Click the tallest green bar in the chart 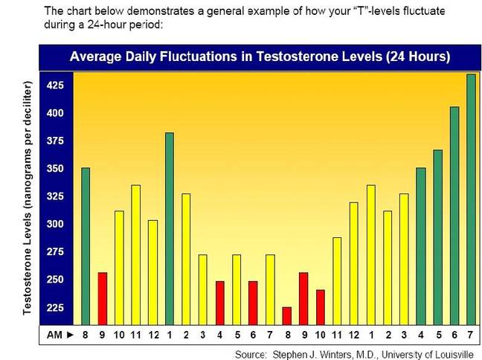click(472, 199)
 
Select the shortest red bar click(287, 316)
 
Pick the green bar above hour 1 click(170, 229)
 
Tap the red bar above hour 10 click(321, 307)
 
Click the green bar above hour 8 click(86, 246)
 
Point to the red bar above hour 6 click(253, 303)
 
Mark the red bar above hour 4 click(219, 303)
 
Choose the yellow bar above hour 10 click(119, 268)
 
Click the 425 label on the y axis click(55, 85)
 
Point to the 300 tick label click(55, 224)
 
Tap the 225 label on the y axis click(55, 307)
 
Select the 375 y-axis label click(55, 141)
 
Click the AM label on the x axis click(54, 335)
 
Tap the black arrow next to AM click(71, 335)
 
